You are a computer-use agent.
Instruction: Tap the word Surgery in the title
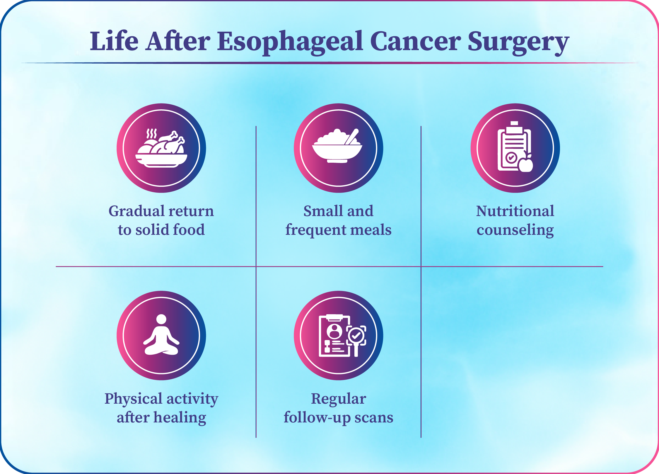(x=518, y=42)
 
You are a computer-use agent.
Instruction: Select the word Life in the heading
(x=114, y=41)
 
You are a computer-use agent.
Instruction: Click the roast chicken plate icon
(x=161, y=148)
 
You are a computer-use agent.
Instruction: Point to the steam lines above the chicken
(x=151, y=133)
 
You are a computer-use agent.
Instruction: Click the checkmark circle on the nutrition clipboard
(x=511, y=158)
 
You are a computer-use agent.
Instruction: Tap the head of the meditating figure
(x=161, y=320)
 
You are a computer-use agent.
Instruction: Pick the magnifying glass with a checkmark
(x=356, y=340)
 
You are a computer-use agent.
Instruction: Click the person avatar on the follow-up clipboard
(x=334, y=331)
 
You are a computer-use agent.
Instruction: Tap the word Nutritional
(x=515, y=211)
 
